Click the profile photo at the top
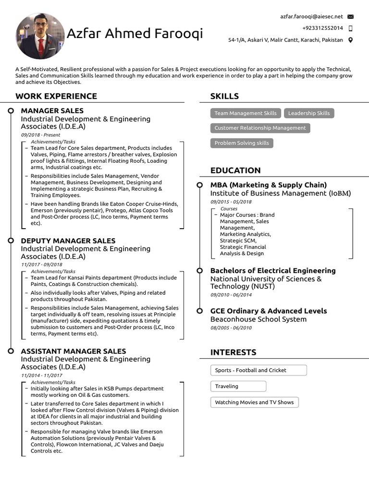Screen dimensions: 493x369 (x=40, y=36)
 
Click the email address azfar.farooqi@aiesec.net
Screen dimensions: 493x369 (x=311, y=16)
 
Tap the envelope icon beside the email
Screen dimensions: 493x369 (x=350, y=17)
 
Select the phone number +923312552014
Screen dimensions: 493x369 (x=322, y=28)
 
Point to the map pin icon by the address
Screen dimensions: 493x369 (x=350, y=40)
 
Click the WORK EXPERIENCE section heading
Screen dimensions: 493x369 (x=56, y=96)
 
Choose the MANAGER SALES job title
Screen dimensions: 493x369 (x=52, y=111)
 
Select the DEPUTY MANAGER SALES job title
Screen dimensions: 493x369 (x=68, y=241)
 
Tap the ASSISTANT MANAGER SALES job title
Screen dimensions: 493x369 (x=74, y=351)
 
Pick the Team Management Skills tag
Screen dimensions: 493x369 (x=246, y=113)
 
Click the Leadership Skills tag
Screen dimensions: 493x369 (x=309, y=113)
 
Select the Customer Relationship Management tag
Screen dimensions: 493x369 (x=260, y=128)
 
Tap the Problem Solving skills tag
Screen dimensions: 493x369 (x=242, y=143)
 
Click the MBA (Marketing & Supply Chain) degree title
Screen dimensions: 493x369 (x=269, y=185)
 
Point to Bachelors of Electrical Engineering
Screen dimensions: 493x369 (x=273, y=271)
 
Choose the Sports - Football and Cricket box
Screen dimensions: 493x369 (x=258, y=370)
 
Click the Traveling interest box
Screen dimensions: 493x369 (x=238, y=386)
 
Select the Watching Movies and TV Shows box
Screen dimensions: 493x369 (x=254, y=402)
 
